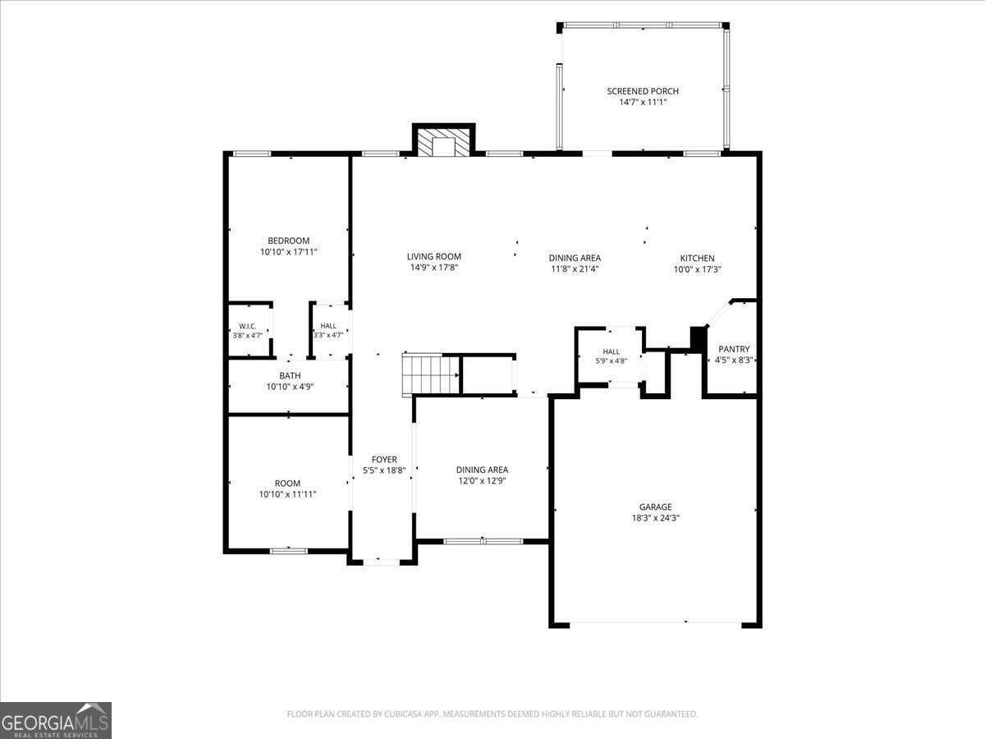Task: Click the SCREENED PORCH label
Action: coord(643,91)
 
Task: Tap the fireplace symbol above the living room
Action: coord(443,142)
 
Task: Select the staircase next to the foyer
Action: coord(430,374)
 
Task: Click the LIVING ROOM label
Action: coord(434,257)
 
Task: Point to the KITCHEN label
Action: coord(698,258)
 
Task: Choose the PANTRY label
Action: coord(734,349)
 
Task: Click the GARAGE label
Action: coord(656,507)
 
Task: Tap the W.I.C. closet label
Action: coord(247,326)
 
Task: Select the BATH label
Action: coord(290,375)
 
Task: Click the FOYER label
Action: coord(384,460)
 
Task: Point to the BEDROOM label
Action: coord(289,241)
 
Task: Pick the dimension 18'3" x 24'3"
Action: coord(656,518)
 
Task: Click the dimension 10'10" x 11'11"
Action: coord(287,494)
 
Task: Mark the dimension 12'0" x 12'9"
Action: coord(482,481)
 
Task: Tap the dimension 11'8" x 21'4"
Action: coord(575,269)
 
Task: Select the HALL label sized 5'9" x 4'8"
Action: coord(612,351)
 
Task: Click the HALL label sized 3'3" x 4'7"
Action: coord(328,326)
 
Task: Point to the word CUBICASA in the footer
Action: coord(401,714)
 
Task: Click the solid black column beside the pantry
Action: coord(698,340)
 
